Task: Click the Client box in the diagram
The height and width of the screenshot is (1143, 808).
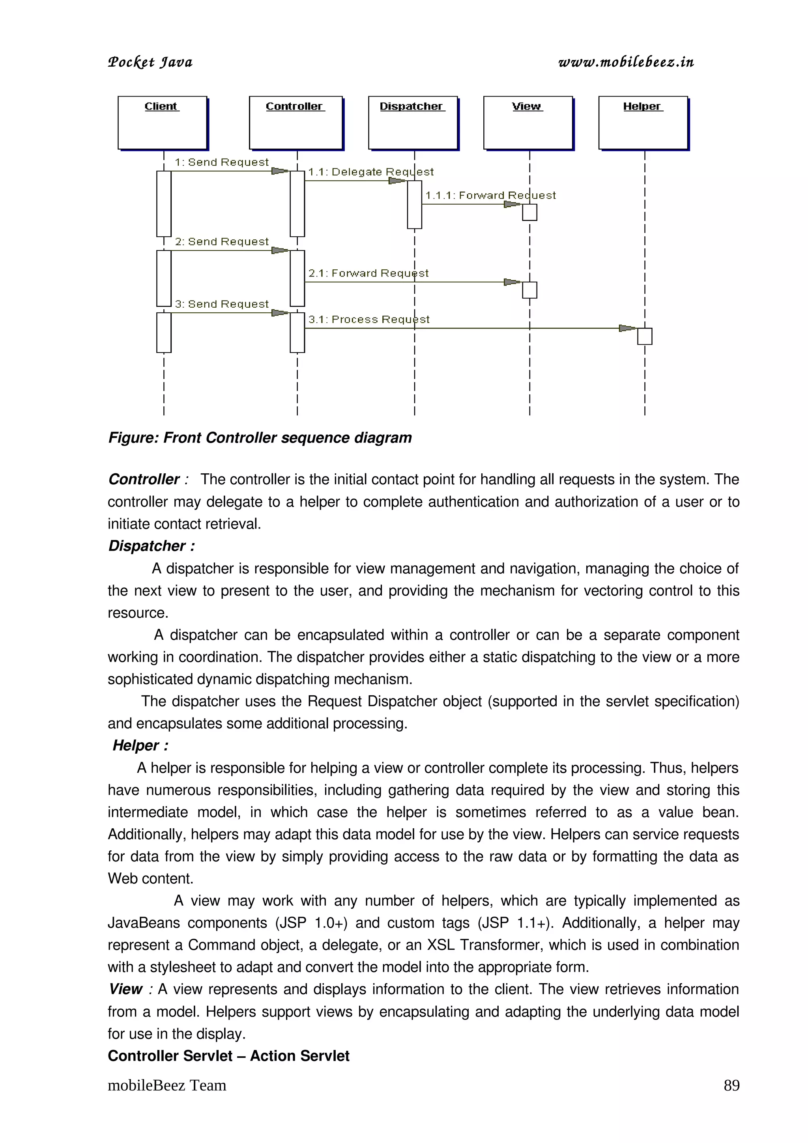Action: click(x=162, y=122)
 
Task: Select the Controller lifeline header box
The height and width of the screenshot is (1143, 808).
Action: click(x=296, y=122)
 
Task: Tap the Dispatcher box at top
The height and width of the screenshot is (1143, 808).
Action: click(x=413, y=122)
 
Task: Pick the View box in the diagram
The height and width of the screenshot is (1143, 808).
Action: click(x=528, y=122)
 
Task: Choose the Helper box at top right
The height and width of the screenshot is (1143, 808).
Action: click(x=643, y=122)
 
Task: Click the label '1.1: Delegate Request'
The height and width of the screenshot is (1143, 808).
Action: click(x=371, y=172)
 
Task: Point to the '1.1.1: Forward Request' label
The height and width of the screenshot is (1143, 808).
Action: click(x=490, y=195)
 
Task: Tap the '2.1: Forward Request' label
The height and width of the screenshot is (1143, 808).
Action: click(x=368, y=273)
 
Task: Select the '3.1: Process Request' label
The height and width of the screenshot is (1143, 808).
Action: click(x=369, y=319)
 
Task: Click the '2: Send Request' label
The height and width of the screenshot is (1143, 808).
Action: click(x=222, y=241)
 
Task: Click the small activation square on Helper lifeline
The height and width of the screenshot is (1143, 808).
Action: click(x=645, y=336)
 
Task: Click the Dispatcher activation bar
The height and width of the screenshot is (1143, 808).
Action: click(x=414, y=205)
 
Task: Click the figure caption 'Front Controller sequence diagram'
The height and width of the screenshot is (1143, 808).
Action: click(x=260, y=437)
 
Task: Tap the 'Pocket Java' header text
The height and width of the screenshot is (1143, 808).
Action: click(x=150, y=62)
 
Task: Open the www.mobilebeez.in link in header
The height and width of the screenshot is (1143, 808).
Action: click(x=626, y=62)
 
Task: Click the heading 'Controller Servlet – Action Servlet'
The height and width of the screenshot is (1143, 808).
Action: click(x=228, y=1055)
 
